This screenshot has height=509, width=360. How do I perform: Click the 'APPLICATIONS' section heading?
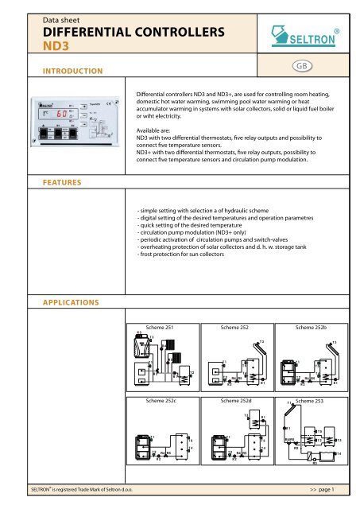point(72,303)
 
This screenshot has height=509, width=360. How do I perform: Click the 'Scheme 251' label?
point(154,327)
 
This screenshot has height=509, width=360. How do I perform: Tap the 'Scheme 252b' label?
point(312,327)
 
